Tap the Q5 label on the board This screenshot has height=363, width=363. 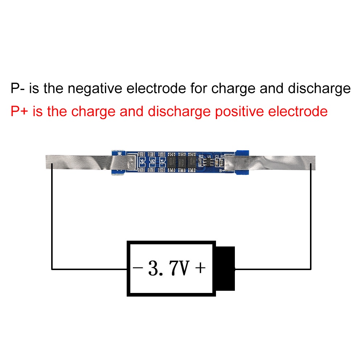pos(153,161)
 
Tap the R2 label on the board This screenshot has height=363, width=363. pos(201,156)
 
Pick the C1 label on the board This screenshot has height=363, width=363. pos(217,156)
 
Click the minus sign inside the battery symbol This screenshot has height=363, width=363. pos(137,269)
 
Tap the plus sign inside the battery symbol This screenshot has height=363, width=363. pos(200,269)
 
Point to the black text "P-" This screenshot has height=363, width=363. pos(18,89)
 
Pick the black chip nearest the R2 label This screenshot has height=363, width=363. pos(191,162)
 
